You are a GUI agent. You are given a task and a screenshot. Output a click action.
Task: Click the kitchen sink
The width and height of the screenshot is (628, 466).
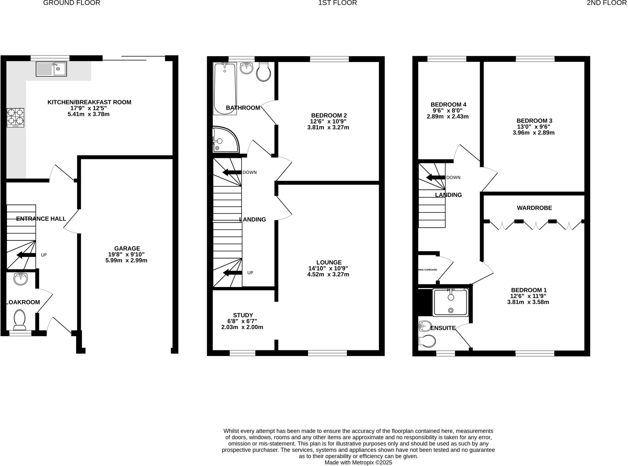(x=51, y=69)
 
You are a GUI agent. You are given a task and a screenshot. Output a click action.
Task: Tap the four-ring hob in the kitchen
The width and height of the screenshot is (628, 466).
(x=15, y=117)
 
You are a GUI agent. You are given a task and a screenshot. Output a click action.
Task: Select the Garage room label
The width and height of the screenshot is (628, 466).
(x=127, y=248)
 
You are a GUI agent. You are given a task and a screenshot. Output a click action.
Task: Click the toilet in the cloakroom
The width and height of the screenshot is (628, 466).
(x=20, y=318)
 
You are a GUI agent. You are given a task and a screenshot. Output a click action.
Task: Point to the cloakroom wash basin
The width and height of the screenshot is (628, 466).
(x=21, y=279)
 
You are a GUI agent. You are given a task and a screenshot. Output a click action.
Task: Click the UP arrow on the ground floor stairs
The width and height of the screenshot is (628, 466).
(x=26, y=255)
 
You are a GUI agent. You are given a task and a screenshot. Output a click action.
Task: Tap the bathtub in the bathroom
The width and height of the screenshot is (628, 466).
(x=225, y=88)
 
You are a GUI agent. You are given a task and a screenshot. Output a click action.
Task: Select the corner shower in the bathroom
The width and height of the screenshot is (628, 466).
(x=224, y=140)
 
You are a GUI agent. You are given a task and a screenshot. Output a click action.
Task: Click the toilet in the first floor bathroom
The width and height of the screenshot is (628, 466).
(x=263, y=72)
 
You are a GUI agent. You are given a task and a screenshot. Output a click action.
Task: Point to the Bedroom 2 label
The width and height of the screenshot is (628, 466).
(x=329, y=115)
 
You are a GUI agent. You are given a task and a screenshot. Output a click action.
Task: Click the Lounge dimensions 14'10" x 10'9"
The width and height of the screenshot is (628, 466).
(x=328, y=268)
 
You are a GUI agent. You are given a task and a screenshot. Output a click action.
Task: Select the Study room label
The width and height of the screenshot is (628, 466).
(x=243, y=315)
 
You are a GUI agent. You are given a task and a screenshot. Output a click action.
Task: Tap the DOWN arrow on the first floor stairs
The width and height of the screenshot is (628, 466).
(x=232, y=172)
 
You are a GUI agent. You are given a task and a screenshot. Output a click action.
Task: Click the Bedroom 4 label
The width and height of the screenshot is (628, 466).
(x=448, y=104)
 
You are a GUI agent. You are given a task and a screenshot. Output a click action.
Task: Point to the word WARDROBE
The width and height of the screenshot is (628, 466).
(x=534, y=208)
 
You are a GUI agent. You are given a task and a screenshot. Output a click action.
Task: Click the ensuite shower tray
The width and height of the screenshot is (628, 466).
(x=450, y=302)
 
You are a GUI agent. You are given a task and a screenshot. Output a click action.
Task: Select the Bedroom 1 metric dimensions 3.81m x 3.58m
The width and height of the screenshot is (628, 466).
(x=528, y=302)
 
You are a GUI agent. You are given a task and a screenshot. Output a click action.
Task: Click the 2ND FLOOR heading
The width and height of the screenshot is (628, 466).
(x=607, y=3)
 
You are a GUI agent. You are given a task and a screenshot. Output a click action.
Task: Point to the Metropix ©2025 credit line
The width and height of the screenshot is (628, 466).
(x=358, y=462)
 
